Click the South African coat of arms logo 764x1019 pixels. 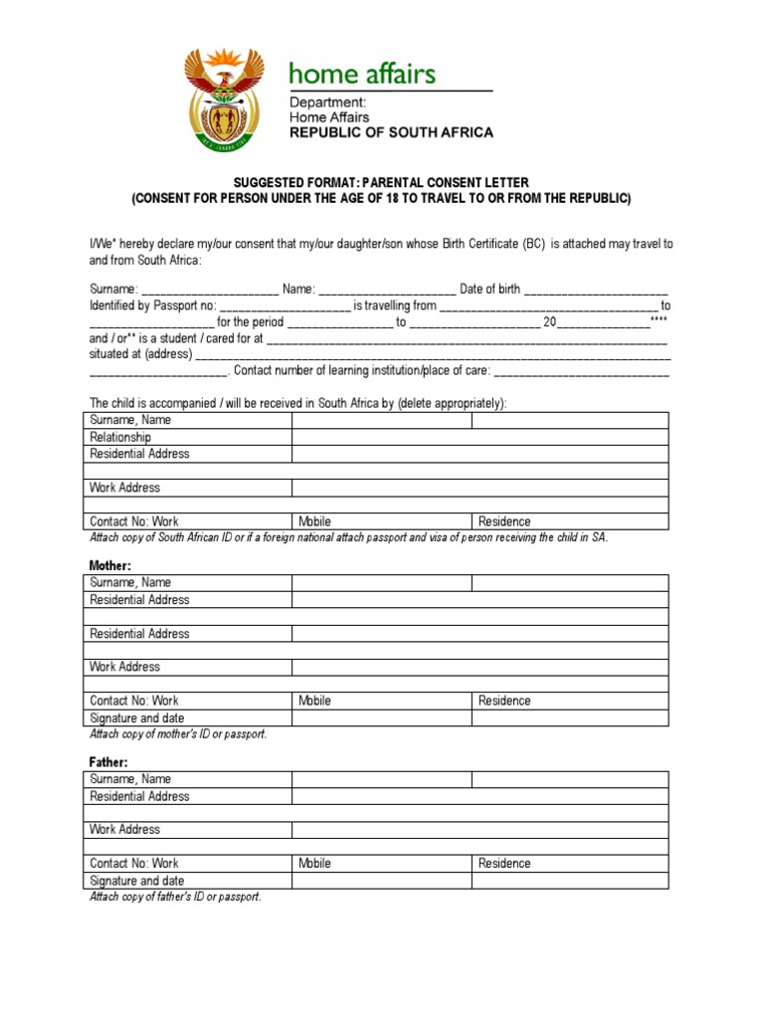(x=224, y=99)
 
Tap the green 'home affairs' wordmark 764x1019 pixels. (x=361, y=74)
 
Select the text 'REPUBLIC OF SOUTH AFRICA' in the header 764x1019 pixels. (x=390, y=132)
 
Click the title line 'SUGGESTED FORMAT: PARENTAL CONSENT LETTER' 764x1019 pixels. (x=381, y=182)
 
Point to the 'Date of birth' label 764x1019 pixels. (x=489, y=290)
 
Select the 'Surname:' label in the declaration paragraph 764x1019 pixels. (x=113, y=290)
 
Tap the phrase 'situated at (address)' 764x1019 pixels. (x=140, y=353)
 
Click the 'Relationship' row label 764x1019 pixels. (x=120, y=437)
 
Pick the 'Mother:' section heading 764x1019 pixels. (x=110, y=565)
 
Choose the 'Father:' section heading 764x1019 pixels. (x=109, y=762)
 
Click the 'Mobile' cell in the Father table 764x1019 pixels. (x=314, y=864)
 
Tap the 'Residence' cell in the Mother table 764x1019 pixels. (x=504, y=701)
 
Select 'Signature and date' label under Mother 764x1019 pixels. (x=136, y=717)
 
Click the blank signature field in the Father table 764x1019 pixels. (x=479, y=881)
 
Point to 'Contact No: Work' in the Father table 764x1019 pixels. (x=134, y=864)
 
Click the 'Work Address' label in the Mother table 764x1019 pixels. (x=124, y=667)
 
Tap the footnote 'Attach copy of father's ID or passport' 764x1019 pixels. (x=175, y=897)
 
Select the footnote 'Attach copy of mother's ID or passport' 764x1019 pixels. (x=178, y=734)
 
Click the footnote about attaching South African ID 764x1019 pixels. (x=348, y=537)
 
